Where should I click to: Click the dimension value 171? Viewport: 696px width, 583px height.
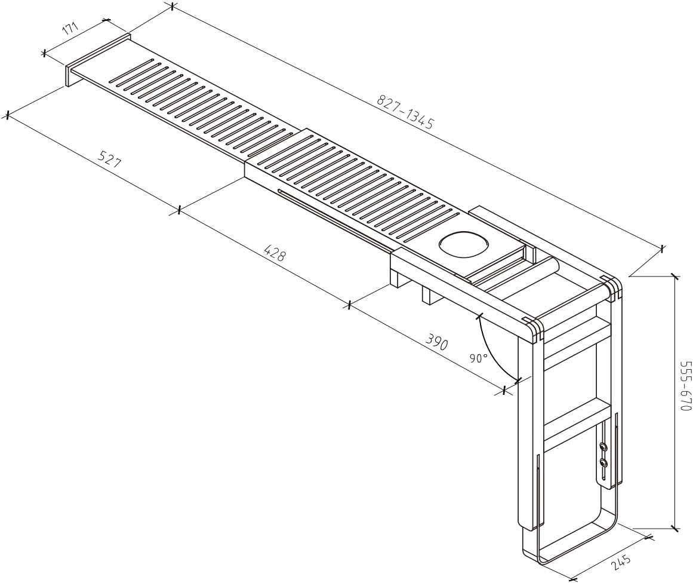point(70,29)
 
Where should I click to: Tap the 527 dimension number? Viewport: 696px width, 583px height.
point(109,159)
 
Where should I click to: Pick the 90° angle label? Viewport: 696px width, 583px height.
point(479,358)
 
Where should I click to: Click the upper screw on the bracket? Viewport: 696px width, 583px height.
point(603,446)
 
